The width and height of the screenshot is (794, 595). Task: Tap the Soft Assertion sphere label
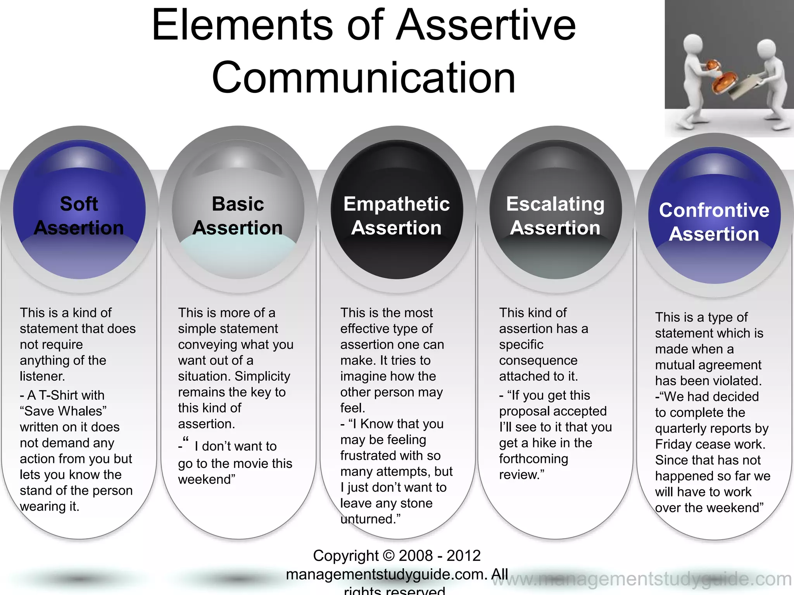(79, 216)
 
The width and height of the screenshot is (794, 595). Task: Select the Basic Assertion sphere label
(238, 216)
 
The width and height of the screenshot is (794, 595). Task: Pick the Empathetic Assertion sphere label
(396, 216)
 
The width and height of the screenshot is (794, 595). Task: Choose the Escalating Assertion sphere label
(555, 216)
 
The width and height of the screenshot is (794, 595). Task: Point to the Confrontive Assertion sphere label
(714, 222)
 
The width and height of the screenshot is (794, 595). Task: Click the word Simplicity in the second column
(262, 376)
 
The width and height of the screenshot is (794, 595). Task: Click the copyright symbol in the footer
(388, 555)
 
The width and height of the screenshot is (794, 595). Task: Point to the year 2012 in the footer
(463, 555)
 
